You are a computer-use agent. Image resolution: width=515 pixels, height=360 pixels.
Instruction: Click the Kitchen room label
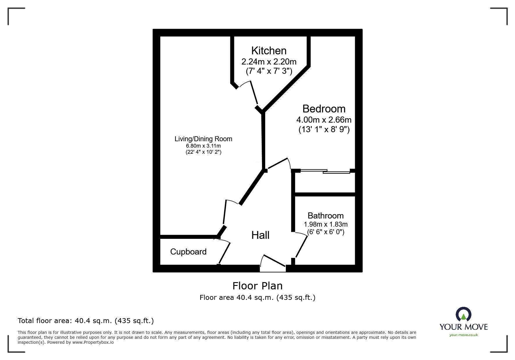269,51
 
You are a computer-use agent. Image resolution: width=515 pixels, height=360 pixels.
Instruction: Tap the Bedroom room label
324,109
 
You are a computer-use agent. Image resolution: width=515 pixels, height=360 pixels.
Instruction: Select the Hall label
260,235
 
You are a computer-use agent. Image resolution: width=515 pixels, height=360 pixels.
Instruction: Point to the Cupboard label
188,252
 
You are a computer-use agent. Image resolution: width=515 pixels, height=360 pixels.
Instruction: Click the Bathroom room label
325,216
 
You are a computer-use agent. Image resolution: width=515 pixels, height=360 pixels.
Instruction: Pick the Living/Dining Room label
203,139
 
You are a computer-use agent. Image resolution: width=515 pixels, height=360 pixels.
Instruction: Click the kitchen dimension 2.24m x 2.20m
269,62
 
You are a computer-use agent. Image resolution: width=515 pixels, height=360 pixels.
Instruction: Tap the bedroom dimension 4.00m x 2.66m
324,120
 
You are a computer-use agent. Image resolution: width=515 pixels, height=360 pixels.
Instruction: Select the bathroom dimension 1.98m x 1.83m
326,224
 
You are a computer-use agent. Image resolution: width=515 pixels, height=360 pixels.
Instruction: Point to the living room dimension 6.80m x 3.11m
203,146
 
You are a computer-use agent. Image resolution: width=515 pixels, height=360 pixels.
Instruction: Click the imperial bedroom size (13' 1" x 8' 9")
324,129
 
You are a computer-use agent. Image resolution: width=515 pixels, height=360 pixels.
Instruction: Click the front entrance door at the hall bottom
273,263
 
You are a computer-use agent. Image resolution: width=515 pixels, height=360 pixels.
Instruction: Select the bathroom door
301,245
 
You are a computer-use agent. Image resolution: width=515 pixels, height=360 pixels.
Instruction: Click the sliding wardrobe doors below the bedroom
325,171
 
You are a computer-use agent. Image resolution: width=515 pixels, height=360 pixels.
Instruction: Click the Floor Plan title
257,286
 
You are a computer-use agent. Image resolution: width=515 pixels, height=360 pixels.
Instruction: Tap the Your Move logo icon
464,315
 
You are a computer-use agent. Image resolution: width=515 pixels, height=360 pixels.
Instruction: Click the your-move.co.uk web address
464,335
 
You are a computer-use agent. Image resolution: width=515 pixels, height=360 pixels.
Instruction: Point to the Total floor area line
86,321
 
